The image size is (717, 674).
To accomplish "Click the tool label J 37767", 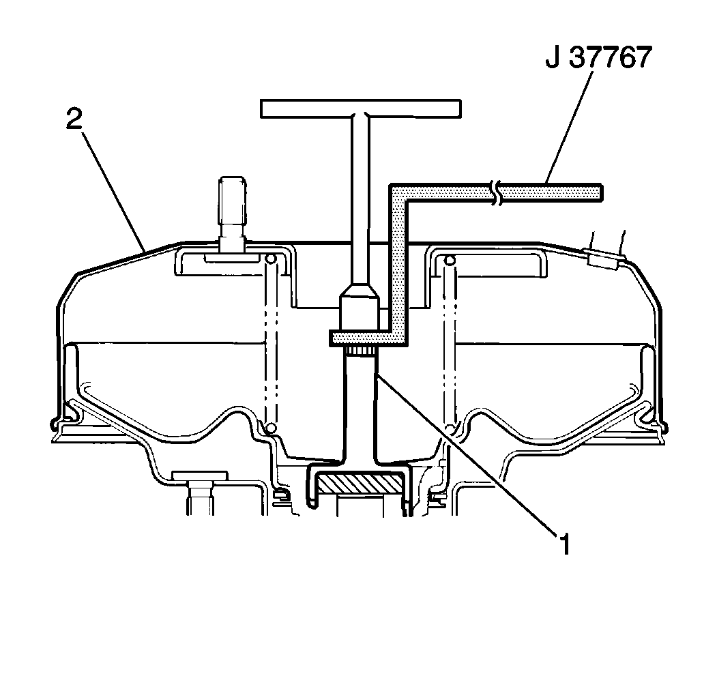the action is pyautogui.click(x=598, y=57).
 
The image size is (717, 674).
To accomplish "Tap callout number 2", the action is pyautogui.click(x=74, y=119).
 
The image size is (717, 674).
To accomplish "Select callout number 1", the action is pyautogui.click(x=566, y=544).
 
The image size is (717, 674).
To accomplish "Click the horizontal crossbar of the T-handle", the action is pyautogui.click(x=361, y=108).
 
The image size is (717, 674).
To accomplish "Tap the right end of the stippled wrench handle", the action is pyautogui.click(x=601, y=192).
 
